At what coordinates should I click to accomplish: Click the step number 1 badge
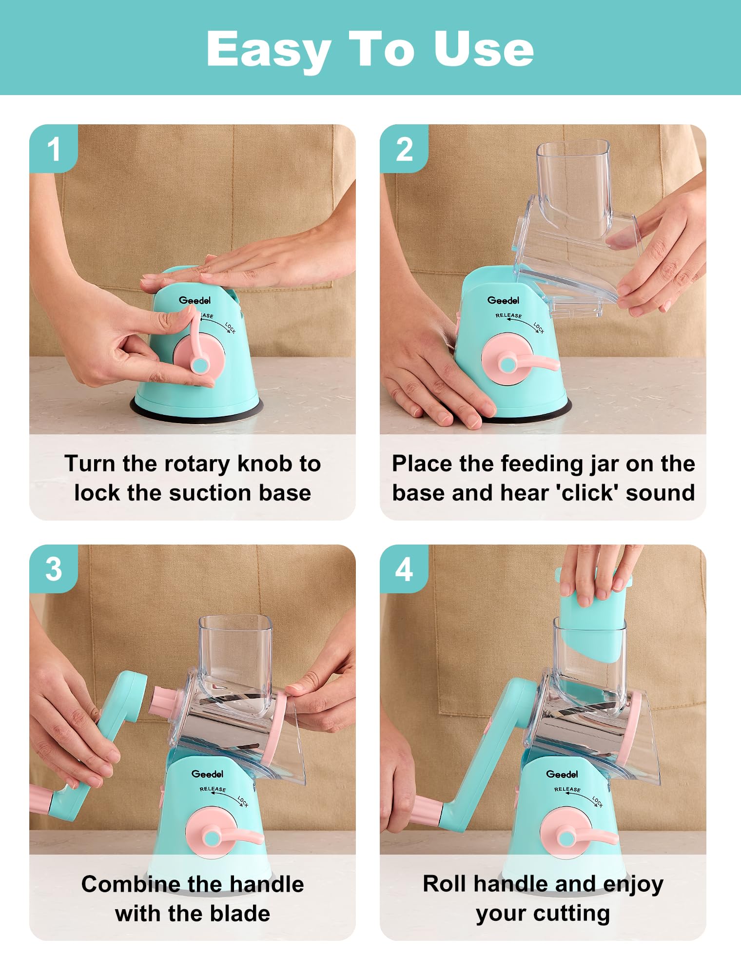tap(53, 149)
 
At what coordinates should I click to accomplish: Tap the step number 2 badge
tap(404, 149)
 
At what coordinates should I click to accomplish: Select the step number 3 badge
tap(53, 569)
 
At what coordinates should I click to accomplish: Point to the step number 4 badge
tap(404, 569)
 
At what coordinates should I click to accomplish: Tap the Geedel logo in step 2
tap(503, 300)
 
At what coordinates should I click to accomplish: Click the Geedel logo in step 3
tap(207, 774)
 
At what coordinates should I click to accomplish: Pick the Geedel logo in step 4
tap(562, 774)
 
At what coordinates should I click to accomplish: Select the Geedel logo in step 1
tap(195, 300)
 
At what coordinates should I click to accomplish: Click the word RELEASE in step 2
tap(508, 315)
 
